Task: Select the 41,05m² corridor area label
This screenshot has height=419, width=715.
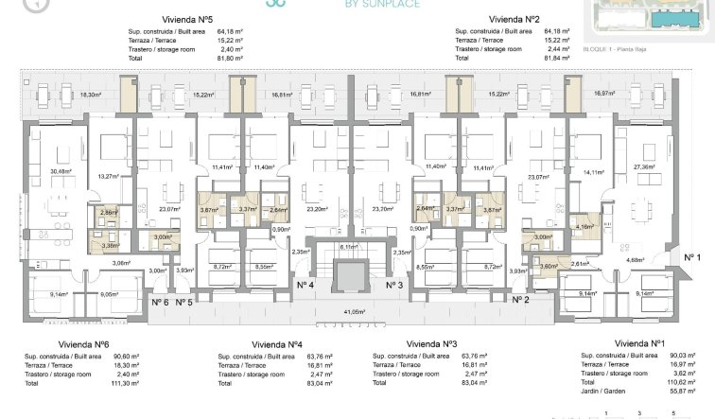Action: (355, 311)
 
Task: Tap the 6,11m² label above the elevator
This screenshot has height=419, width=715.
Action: (349, 246)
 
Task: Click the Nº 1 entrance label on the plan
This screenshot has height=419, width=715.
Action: (691, 257)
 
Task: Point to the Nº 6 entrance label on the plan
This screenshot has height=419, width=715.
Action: (159, 303)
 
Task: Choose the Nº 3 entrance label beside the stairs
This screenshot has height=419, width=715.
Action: (394, 285)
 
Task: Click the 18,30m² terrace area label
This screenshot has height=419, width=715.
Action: (91, 95)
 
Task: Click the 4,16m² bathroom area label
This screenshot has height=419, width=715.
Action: (584, 227)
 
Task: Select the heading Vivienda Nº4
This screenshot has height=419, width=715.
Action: (277, 343)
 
